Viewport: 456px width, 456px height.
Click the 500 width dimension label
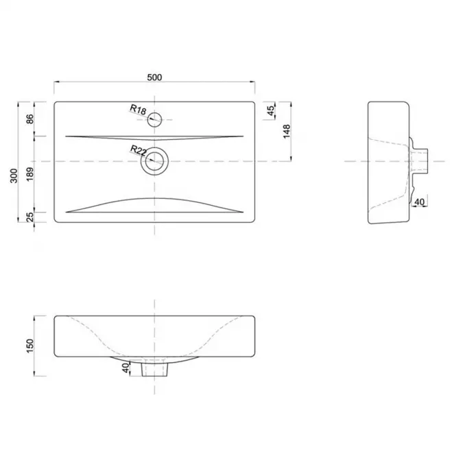click(154, 77)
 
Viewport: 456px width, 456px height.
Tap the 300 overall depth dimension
click(14, 176)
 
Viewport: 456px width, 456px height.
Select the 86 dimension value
click(30, 119)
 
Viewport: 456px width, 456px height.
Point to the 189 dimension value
click(30, 174)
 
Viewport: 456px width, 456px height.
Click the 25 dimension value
click(30, 217)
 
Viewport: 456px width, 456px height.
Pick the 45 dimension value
click(270, 110)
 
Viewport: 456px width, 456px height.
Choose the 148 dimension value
click(287, 131)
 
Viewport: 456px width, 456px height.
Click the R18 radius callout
click(138, 110)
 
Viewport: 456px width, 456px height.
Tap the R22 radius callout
click(139, 150)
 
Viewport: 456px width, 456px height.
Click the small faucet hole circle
click(154, 112)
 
